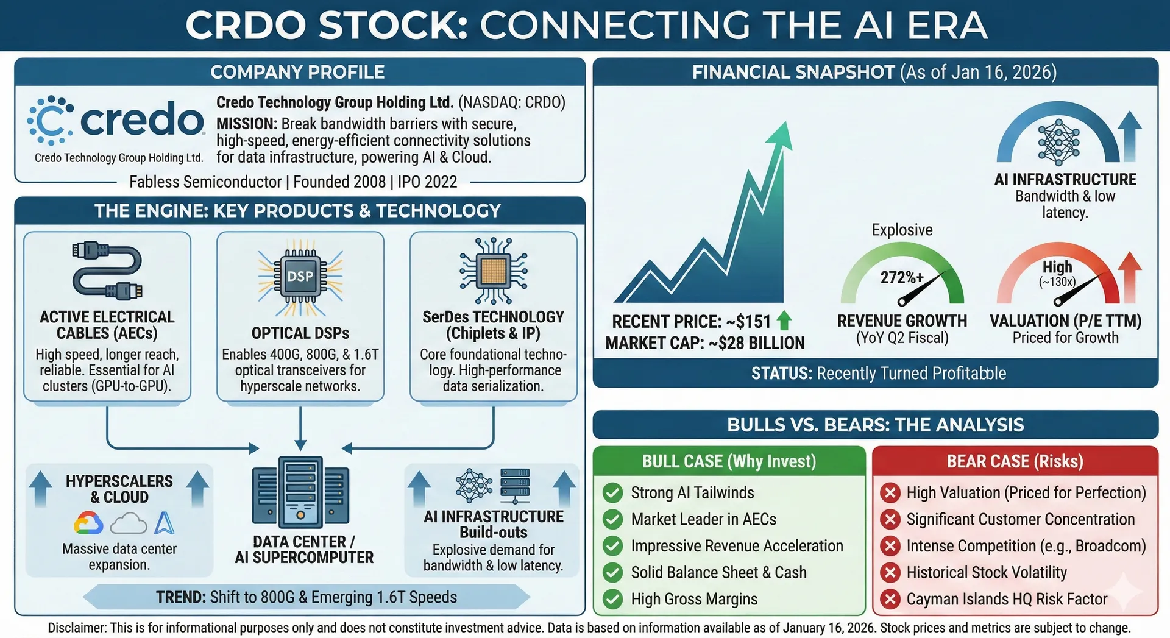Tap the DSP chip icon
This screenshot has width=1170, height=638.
point(300,276)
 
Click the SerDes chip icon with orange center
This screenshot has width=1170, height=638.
point(494,271)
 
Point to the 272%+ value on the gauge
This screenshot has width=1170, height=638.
point(902,278)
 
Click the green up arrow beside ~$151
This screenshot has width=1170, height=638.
point(784,321)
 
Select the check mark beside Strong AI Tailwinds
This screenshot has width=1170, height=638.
point(612,492)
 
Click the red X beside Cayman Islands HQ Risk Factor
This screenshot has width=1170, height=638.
point(890,599)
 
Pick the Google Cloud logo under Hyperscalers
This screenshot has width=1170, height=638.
point(88,523)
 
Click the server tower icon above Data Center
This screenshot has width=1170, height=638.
point(300,492)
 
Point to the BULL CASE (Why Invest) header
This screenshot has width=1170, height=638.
point(729,461)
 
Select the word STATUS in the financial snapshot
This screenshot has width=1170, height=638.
point(781,373)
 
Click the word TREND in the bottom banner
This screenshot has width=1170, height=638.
point(181,597)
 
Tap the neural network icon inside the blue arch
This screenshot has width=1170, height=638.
point(1059,142)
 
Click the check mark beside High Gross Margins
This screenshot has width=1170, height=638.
point(612,599)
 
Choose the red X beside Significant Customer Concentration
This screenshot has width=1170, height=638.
point(890,519)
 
